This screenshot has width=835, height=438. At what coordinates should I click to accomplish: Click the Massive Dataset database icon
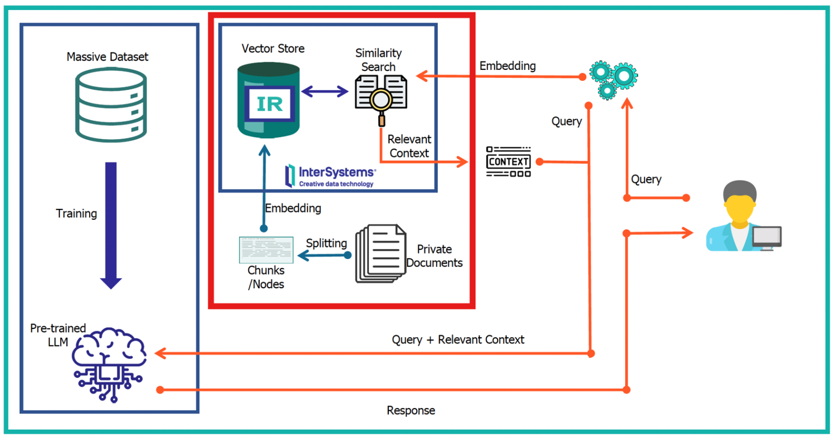pos(111,104)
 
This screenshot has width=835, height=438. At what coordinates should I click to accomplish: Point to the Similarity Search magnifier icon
pos(381,99)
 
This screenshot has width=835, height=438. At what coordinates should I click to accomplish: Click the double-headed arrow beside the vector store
pos(325,92)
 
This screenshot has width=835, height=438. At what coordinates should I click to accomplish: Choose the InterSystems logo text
pos(336,172)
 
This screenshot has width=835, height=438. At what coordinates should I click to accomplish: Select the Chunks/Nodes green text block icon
pos(266,250)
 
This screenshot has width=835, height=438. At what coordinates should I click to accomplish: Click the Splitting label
pos(326,243)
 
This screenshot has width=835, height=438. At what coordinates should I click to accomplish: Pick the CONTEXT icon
pos(508,162)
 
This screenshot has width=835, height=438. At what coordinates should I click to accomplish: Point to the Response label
pos(411,410)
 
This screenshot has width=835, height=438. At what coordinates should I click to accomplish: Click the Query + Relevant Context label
pos(458,340)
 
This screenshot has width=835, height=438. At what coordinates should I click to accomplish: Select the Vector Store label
pos(273,49)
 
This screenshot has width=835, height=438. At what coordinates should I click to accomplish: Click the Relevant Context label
pos(409,146)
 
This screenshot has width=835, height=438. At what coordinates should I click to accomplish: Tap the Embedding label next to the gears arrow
pos(507,66)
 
